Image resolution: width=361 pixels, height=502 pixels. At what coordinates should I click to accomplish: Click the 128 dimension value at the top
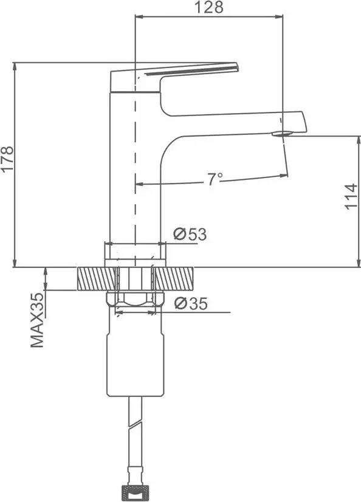click(210, 7)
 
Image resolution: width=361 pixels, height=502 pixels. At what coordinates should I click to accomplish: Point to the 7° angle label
click(215, 178)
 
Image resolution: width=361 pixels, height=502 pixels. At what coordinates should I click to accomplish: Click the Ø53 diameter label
click(189, 234)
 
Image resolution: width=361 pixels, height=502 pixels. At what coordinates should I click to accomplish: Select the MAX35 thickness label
click(38, 320)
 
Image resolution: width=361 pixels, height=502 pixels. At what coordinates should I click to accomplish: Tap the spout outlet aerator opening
click(281, 133)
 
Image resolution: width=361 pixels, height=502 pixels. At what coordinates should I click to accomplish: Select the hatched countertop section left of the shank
click(97, 278)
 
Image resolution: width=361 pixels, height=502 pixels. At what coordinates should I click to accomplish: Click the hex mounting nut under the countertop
click(135, 298)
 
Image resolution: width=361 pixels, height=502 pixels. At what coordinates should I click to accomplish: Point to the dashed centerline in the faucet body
click(134, 182)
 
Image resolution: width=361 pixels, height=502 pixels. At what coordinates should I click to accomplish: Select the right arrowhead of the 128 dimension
click(281, 16)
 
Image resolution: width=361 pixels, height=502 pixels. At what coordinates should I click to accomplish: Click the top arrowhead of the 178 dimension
click(14, 65)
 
